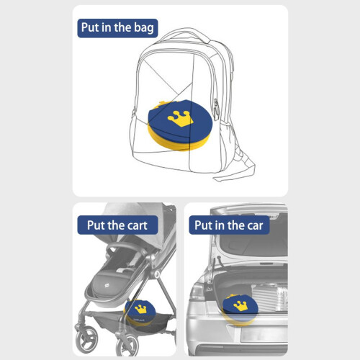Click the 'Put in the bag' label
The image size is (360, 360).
[x=117, y=28]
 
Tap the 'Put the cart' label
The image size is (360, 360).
[x=117, y=225]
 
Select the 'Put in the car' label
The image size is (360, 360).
[x=229, y=225]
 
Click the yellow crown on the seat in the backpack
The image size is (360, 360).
[x=181, y=119]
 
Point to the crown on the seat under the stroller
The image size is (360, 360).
[x=141, y=309]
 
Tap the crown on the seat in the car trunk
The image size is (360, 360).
[x=240, y=306]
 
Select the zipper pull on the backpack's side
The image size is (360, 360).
[x=216, y=109]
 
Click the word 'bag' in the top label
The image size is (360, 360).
[x=144, y=28]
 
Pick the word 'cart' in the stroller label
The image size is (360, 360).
[x=138, y=225]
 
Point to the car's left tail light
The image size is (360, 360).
[x=196, y=292]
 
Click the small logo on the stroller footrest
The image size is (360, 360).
[x=107, y=285]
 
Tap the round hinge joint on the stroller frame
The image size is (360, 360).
[x=157, y=274]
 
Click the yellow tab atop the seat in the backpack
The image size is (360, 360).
[x=161, y=104]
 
